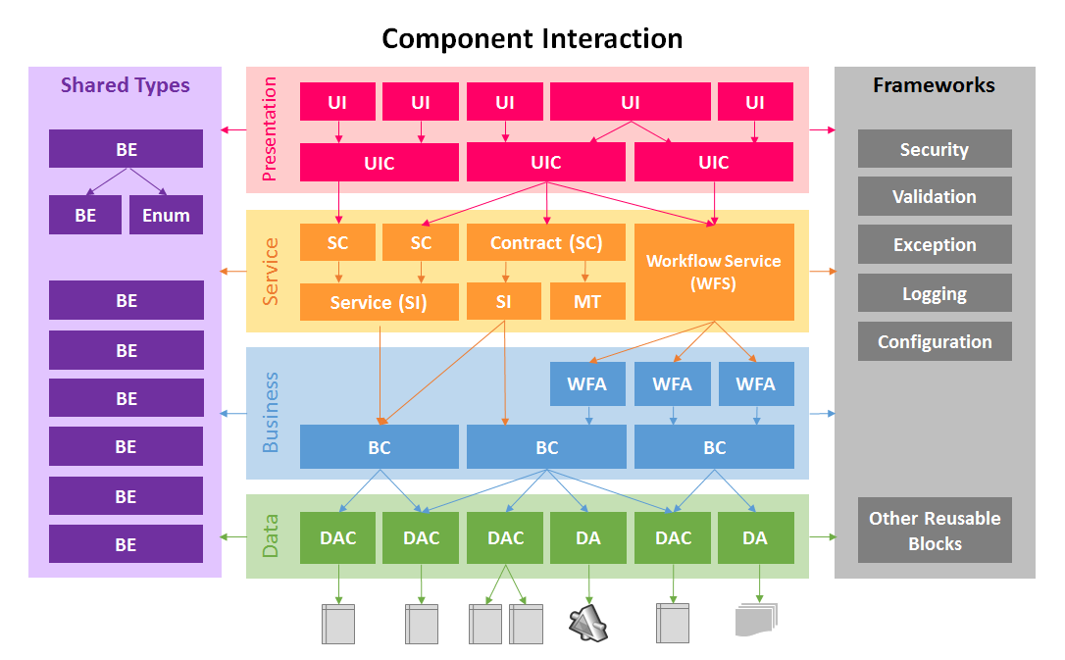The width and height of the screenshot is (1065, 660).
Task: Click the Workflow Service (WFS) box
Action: (714, 272)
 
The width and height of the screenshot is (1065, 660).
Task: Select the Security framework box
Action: (934, 149)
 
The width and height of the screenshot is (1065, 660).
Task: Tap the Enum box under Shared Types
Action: (166, 215)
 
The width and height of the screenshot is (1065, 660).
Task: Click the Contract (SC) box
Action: (545, 242)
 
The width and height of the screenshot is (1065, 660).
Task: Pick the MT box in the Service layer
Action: (586, 302)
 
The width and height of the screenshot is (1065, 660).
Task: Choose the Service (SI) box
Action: (379, 302)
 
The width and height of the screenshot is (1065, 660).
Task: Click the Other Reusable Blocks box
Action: (934, 531)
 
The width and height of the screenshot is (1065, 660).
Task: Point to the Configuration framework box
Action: (934, 341)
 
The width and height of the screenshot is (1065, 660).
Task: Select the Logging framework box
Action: (934, 293)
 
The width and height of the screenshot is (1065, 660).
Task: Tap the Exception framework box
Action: (934, 244)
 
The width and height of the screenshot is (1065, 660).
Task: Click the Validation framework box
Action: (934, 196)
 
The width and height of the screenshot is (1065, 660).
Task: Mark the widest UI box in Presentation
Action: (630, 102)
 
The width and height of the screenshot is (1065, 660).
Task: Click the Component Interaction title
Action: (532, 38)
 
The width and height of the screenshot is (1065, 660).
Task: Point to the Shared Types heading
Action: (125, 85)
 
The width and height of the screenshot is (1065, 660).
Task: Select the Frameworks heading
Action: (934, 85)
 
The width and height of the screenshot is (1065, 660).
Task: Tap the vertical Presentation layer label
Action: (271, 129)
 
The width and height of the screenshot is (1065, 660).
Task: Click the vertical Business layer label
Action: (271, 412)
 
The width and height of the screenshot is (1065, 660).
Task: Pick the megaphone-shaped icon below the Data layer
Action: (588, 623)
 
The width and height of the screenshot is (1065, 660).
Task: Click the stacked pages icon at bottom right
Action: (756, 620)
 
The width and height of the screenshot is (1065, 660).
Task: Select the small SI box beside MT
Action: (503, 302)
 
